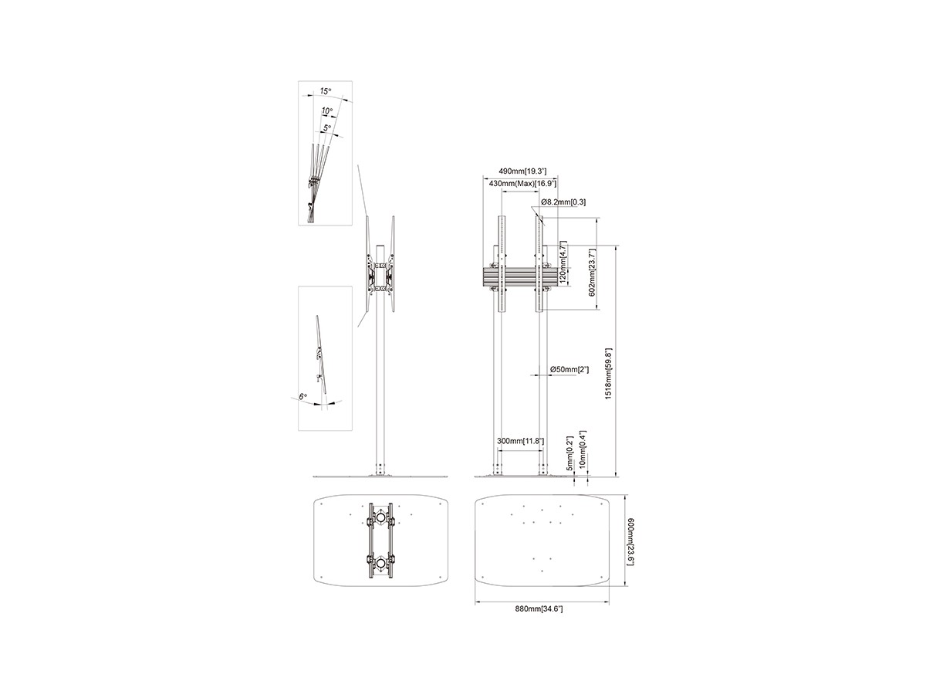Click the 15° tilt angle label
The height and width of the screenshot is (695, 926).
326,90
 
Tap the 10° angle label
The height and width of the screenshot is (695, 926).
327,111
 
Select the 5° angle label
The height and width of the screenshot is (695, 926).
327,127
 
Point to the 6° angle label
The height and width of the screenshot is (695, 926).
303,397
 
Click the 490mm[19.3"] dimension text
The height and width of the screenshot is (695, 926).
522,171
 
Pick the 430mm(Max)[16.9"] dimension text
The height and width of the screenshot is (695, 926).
522,184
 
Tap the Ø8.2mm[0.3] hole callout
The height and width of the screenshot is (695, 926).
563,202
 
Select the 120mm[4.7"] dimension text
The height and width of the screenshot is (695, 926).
563,263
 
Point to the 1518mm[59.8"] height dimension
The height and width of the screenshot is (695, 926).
608,374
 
